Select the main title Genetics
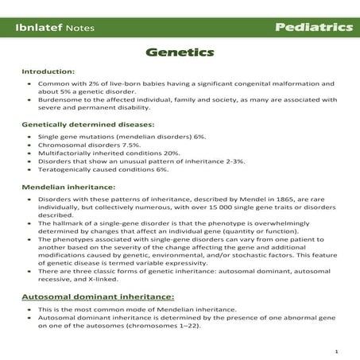[x=179, y=53]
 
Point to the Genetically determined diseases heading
[x=87, y=125]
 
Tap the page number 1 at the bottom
[x=337, y=349]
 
